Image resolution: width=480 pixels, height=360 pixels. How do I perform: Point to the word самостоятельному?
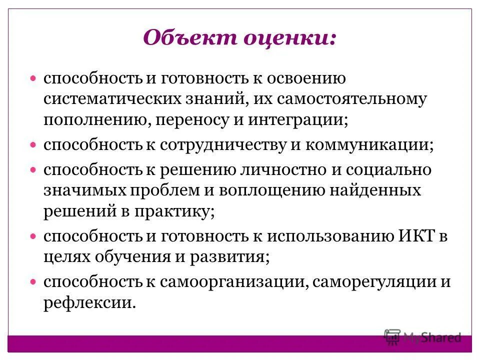355,98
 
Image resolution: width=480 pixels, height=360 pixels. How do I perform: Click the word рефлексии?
89,302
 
